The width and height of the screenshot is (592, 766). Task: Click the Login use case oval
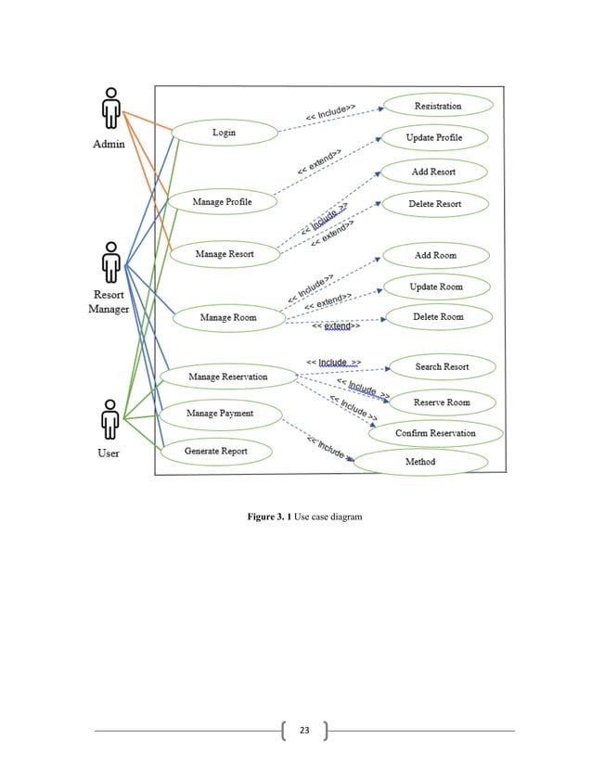point(224,133)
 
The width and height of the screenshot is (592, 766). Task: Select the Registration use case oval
point(437,107)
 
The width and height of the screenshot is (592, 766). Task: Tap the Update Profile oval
point(433,138)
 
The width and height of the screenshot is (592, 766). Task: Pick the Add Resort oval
point(433,172)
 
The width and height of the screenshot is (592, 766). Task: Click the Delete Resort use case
point(434,204)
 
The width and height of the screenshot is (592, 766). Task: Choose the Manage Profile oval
point(222,201)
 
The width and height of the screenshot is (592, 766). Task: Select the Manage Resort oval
point(224,253)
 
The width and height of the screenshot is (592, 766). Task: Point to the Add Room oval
point(434,255)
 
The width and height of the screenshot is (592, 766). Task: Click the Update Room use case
point(435,287)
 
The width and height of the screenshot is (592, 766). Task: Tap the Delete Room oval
point(437,317)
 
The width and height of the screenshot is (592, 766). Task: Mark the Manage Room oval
point(228,318)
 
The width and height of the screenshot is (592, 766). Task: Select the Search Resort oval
point(442,367)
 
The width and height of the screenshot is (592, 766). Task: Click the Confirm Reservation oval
point(435,433)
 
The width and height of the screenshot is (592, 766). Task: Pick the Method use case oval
point(420,462)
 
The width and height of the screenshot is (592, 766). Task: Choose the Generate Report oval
point(215,452)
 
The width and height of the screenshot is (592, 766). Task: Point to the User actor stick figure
point(109,421)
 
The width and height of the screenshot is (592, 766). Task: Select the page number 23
point(303,733)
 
